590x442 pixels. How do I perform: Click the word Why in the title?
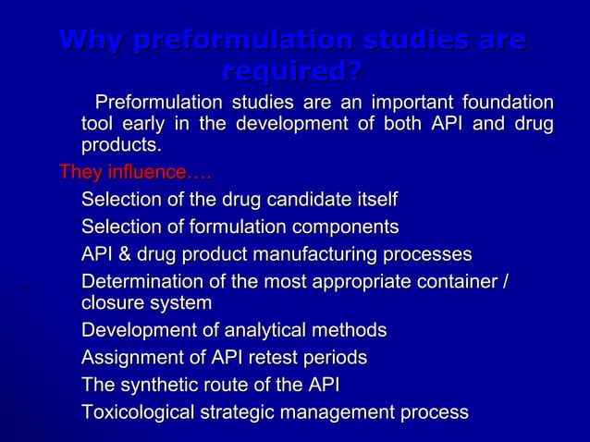tap(91, 42)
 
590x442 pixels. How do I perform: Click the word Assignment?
tap(128, 358)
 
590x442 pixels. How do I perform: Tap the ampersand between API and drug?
tap(122, 254)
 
